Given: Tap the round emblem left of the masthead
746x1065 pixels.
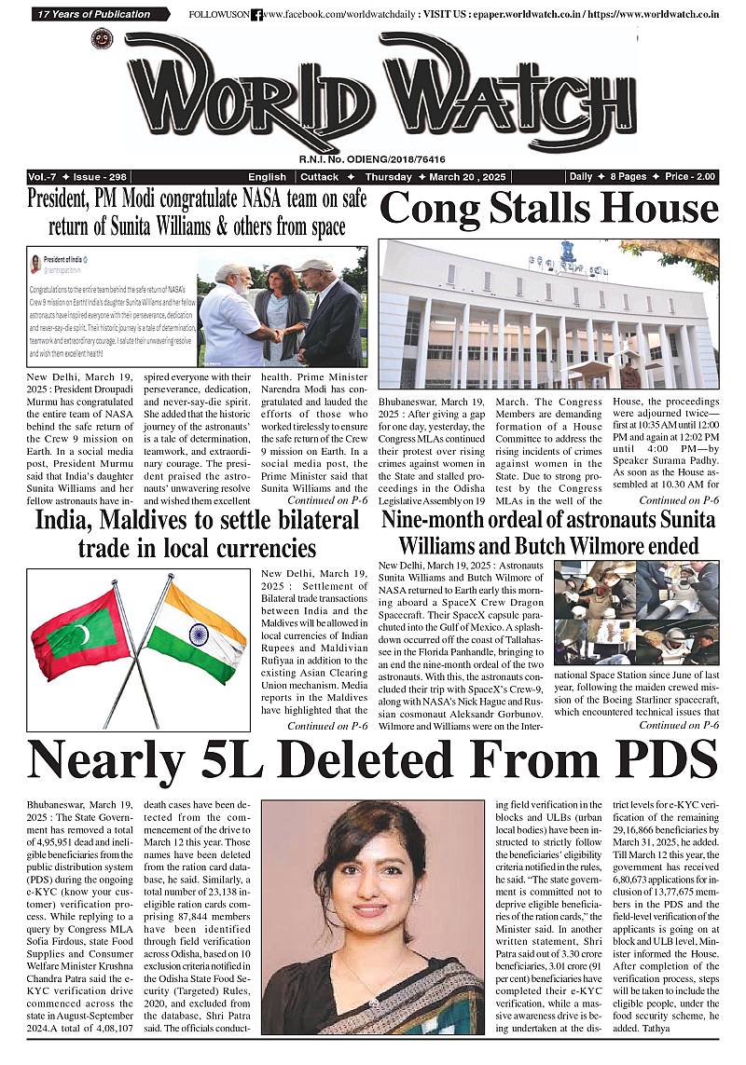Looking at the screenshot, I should coord(102,38).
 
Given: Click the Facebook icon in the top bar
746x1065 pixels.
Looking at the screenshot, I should coord(256,15).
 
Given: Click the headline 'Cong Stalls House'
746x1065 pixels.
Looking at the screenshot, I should coord(548,209).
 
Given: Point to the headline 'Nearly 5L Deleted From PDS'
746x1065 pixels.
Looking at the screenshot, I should coord(373,759).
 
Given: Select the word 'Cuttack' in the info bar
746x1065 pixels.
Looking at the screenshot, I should coord(320,177).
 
